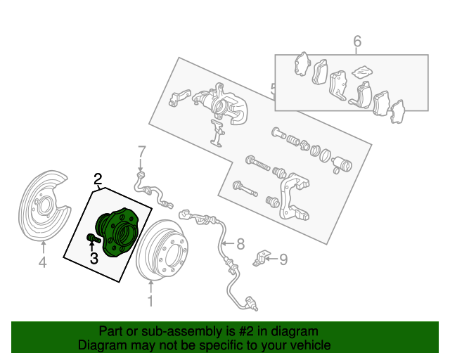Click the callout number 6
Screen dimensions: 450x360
356,41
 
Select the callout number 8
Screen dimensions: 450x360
240,244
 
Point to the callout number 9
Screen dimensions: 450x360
283,259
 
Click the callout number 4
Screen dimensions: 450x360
42,262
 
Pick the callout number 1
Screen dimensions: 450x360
150,301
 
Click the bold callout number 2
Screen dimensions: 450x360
98,179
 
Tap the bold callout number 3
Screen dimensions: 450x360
94,258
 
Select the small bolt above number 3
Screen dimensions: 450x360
94,238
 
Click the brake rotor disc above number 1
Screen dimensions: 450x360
162,250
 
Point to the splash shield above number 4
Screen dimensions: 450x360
44,207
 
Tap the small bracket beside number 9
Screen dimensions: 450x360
262,258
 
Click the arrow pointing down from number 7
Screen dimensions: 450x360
141,165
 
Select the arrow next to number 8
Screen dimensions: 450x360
228,244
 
